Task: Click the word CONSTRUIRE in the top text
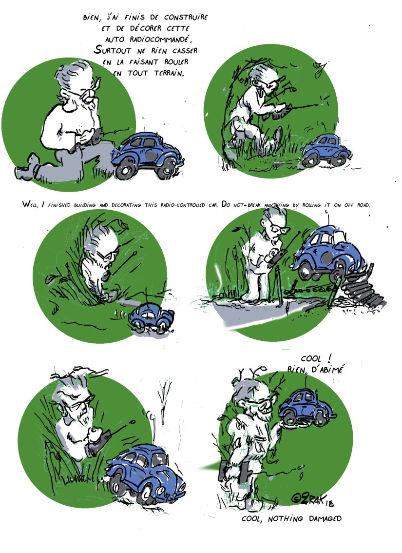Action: tap(186, 17)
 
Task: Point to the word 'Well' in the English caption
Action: tap(30, 204)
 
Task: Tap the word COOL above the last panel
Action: tap(311, 359)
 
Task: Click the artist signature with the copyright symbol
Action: tap(311, 499)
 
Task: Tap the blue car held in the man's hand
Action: tap(306, 408)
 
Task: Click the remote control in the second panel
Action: tap(280, 112)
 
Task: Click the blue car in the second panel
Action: tap(326, 150)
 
